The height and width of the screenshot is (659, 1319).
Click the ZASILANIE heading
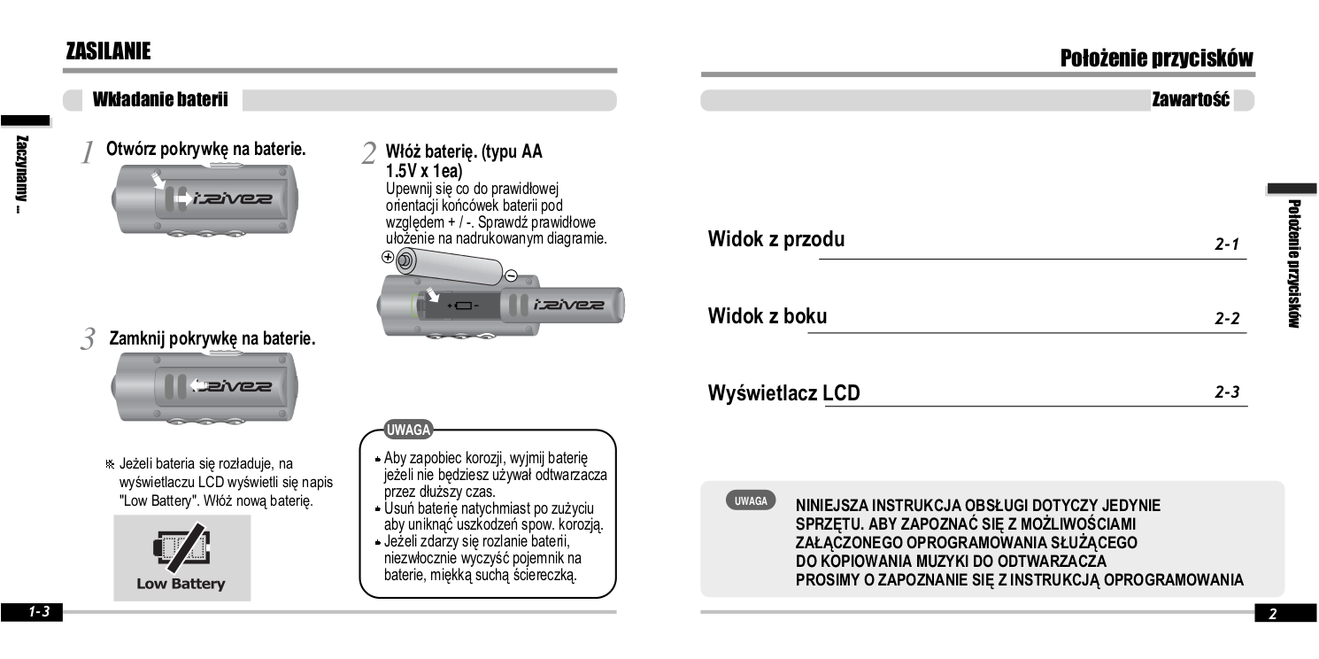tap(108, 52)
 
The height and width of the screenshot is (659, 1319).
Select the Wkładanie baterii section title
tap(160, 100)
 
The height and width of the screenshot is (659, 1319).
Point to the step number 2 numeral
tap(369, 153)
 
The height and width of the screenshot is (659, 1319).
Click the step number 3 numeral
tap(88, 339)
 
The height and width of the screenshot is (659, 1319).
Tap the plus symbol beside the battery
tap(387, 258)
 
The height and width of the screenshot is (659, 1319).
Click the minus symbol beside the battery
tap(510, 275)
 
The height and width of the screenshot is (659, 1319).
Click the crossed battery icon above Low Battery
tap(181, 549)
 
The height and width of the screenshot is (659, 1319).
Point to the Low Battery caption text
tap(181, 585)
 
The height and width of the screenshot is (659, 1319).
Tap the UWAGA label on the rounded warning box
tap(408, 430)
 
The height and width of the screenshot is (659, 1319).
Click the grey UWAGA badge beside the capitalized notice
tap(751, 500)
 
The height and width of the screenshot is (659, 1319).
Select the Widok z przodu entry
tap(776, 239)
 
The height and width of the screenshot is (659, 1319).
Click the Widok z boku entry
tap(767, 316)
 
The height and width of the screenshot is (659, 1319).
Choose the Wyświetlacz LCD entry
tap(783, 392)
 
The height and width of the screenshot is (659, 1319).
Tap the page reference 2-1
tap(1227, 244)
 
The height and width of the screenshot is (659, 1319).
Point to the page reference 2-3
tap(1227, 392)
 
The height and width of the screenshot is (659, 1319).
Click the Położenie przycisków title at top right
tap(1157, 58)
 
